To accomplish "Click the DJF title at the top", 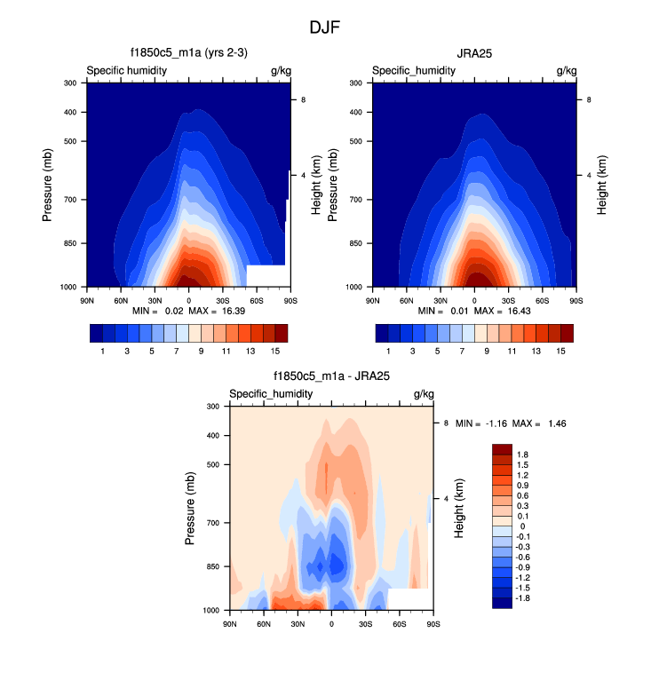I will point(324,28).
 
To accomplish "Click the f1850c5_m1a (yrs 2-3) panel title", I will point(188,53).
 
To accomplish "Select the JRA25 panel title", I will point(473,53).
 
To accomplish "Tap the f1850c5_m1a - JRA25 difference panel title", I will point(331,376).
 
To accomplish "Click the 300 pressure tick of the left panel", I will point(72,83).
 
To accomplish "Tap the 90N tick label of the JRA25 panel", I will point(373,300).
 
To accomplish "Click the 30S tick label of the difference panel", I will point(365,623).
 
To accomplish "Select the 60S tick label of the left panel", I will point(257,300).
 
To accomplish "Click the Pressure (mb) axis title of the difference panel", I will point(190,508).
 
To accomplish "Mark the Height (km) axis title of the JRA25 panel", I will point(602,185).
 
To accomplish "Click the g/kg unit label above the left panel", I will point(281,70).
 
